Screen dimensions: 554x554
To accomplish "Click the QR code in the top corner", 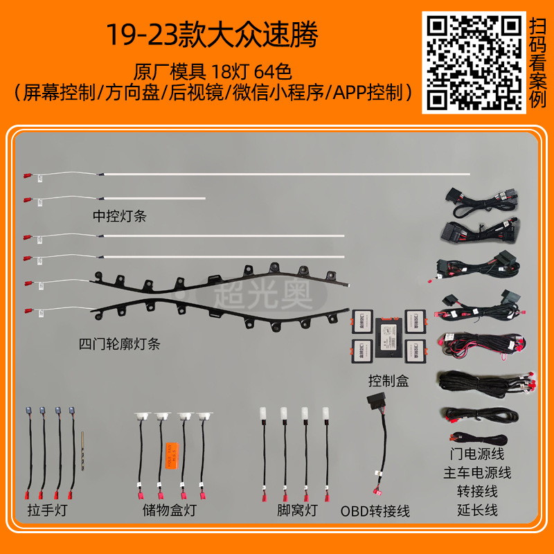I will [x=474, y=62].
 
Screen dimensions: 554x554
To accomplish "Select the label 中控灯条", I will [x=120, y=216].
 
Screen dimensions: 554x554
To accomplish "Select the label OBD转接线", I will [x=375, y=511].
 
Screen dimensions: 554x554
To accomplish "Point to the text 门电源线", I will [x=477, y=455].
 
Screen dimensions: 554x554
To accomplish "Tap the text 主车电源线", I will [x=477, y=474].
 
